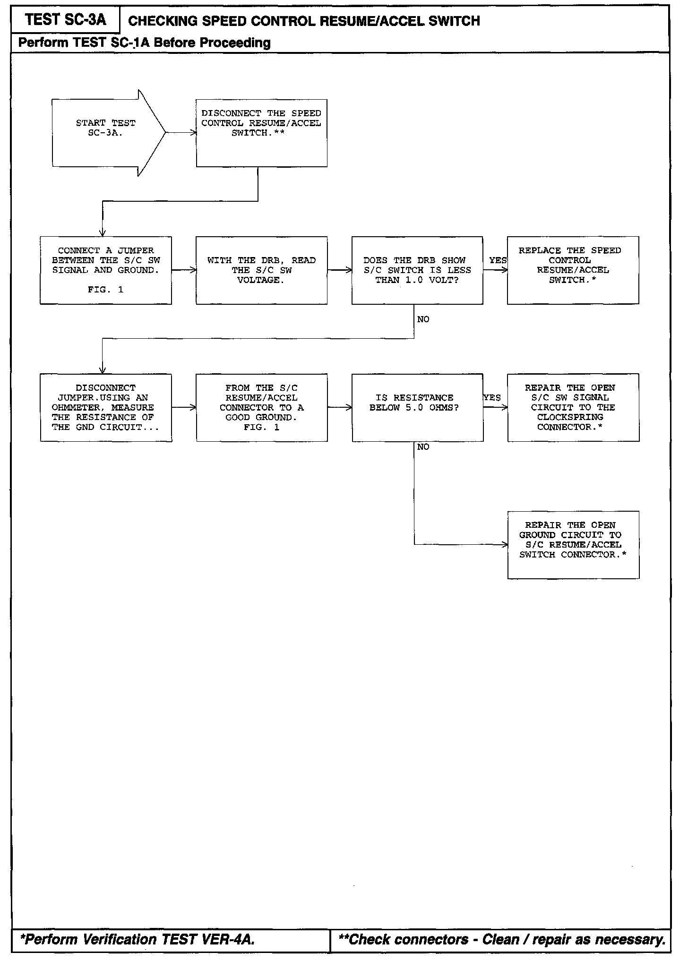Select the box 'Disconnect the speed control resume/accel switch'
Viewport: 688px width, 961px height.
click(261, 133)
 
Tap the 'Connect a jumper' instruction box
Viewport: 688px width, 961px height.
click(106, 270)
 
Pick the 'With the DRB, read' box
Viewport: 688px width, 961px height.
click(261, 270)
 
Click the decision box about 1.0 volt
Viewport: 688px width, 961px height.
click(417, 270)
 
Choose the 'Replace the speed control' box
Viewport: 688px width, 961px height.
click(573, 270)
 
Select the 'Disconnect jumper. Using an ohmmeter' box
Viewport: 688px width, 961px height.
click(106, 407)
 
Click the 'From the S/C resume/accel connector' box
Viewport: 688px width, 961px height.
click(261, 407)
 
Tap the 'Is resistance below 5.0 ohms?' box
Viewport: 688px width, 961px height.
click(417, 407)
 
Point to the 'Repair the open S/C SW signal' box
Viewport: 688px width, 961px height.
click(573, 407)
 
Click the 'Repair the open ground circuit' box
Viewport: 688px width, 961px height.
click(573, 544)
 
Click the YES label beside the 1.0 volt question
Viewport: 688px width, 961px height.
click(498, 260)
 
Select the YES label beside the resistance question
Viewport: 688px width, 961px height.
click(492, 398)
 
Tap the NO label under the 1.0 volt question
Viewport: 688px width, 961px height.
click(423, 320)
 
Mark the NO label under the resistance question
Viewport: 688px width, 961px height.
click(423, 447)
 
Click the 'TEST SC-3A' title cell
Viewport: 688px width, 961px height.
click(66, 20)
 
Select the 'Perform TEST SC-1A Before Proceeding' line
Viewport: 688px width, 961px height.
click(144, 43)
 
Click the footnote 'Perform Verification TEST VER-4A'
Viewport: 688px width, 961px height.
click(138, 940)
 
